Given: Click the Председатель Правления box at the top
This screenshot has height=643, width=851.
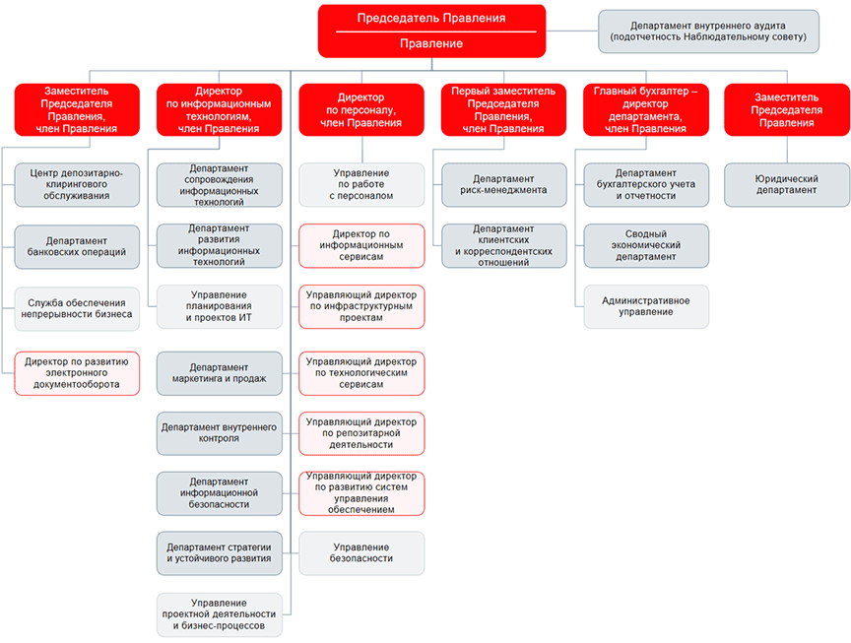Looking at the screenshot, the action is (431, 31).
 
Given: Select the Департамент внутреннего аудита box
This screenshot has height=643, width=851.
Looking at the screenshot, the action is (708, 32).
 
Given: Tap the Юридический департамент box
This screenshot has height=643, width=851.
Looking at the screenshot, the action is (786, 184).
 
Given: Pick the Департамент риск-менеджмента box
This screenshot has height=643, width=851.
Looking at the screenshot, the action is (503, 184).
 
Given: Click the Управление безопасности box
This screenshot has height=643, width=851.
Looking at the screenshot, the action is (361, 553).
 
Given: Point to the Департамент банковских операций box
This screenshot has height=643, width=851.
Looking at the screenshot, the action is (77, 247).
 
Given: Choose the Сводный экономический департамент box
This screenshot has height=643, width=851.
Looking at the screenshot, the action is (646, 246).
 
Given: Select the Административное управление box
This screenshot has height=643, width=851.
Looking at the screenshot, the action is (646, 306).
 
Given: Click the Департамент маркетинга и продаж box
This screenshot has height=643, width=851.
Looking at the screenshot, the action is (220, 373).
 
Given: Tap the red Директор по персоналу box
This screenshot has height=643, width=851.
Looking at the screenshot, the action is (361, 109).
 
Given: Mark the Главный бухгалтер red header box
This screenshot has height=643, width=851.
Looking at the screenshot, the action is (646, 109).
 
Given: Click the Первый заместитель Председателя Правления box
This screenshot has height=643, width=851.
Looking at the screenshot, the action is (503, 109).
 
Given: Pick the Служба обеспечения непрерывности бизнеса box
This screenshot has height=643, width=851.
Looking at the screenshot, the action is (77, 309).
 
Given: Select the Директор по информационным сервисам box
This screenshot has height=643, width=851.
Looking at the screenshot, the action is (361, 246).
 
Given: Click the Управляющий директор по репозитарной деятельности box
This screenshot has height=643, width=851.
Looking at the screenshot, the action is (361, 433).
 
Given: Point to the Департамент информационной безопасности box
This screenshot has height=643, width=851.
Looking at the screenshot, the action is (220, 493).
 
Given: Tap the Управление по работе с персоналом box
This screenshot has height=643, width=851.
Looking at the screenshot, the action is (361, 184).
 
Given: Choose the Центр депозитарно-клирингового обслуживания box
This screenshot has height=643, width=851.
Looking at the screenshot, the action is (77, 184).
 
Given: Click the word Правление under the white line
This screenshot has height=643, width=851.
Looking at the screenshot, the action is (431, 43).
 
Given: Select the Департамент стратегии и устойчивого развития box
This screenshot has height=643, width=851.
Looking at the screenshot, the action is (220, 553).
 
